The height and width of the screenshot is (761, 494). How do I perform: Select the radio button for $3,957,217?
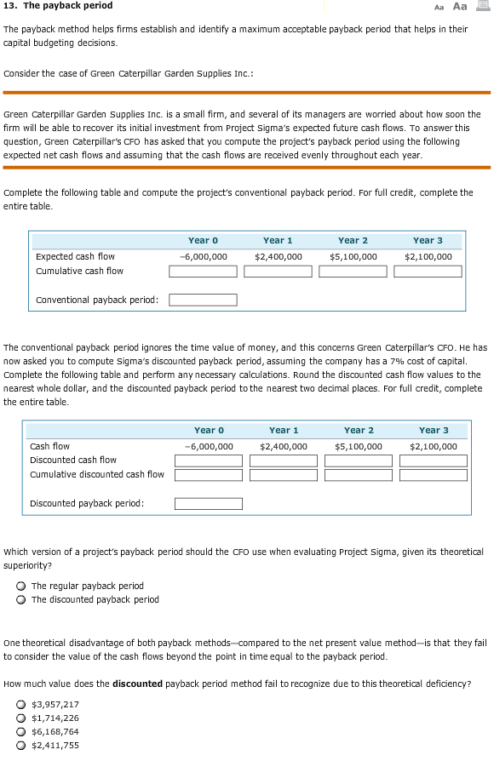pos(20,705)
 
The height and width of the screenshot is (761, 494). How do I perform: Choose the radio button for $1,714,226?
pos(20,718)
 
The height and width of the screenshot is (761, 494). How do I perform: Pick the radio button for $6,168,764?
pos(20,732)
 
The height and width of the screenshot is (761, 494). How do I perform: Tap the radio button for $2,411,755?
pos(20,746)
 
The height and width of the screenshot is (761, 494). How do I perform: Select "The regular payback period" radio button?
pos(20,586)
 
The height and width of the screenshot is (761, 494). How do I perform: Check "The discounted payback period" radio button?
pos(20,600)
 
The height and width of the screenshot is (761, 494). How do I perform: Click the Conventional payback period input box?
pos(203,300)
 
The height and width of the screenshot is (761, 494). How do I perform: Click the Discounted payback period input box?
pos(209,503)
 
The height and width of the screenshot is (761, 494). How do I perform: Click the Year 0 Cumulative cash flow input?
pos(203,272)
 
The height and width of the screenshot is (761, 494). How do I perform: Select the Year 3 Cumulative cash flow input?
pos(428,272)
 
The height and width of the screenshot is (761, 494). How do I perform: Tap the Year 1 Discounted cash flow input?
pos(284,461)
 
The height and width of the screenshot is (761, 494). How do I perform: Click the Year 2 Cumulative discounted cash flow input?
pos(359,474)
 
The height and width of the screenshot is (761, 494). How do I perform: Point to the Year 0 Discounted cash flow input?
pos(209,461)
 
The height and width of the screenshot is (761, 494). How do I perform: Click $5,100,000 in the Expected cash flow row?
pos(353,256)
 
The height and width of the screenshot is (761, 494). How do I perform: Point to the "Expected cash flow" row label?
pos(75,256)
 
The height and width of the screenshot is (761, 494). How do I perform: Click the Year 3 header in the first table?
pos(428,241)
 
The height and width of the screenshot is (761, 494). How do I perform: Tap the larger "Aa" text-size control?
pos(460,6)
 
